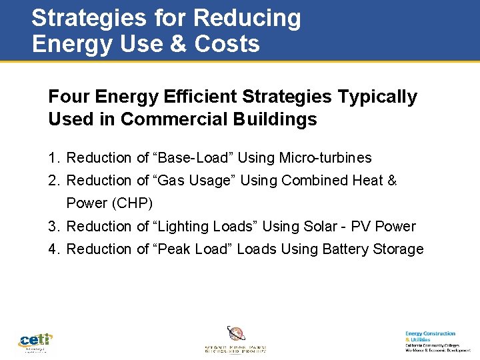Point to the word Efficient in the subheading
[201, 97]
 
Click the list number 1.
[53, 158]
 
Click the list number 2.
[53, 181]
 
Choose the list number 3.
[53, 227]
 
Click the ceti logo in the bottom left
[35, 342]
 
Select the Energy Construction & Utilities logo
[437, 341]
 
